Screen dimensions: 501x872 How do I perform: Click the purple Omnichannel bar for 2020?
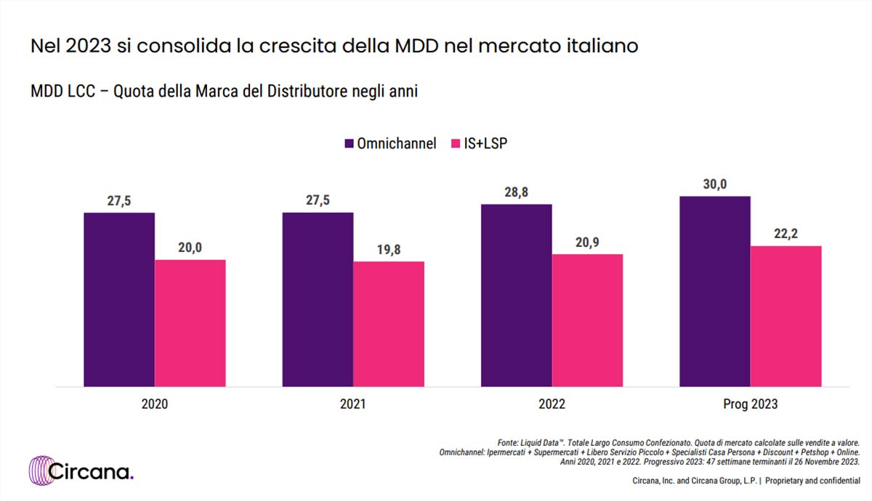click(119, 299)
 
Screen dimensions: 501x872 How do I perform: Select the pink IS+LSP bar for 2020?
click(190, 322)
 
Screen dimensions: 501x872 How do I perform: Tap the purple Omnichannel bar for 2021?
click(318, 299)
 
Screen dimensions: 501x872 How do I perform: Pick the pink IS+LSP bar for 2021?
click(389, 324)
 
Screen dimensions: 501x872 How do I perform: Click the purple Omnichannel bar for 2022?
click(516, 295)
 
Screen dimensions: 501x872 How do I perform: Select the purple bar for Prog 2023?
click(714, 290)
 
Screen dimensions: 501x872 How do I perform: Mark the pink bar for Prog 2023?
click(786, 316)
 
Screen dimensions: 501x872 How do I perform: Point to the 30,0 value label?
click(714, 185)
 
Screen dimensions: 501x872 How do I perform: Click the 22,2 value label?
click(786, 235)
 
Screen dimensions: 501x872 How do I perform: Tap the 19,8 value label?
click(389, 250)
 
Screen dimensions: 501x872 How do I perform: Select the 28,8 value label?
click(516, 193)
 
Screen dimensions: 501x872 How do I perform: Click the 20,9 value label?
click(587, 243)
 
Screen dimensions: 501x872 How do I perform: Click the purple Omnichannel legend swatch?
click(347, 144)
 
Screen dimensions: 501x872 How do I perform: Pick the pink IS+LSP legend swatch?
click(456, 144)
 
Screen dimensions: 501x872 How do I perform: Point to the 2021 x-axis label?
click(353, 404)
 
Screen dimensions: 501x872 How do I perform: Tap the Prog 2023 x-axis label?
click(750, 404)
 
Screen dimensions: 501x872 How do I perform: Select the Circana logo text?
click(92, 472)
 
